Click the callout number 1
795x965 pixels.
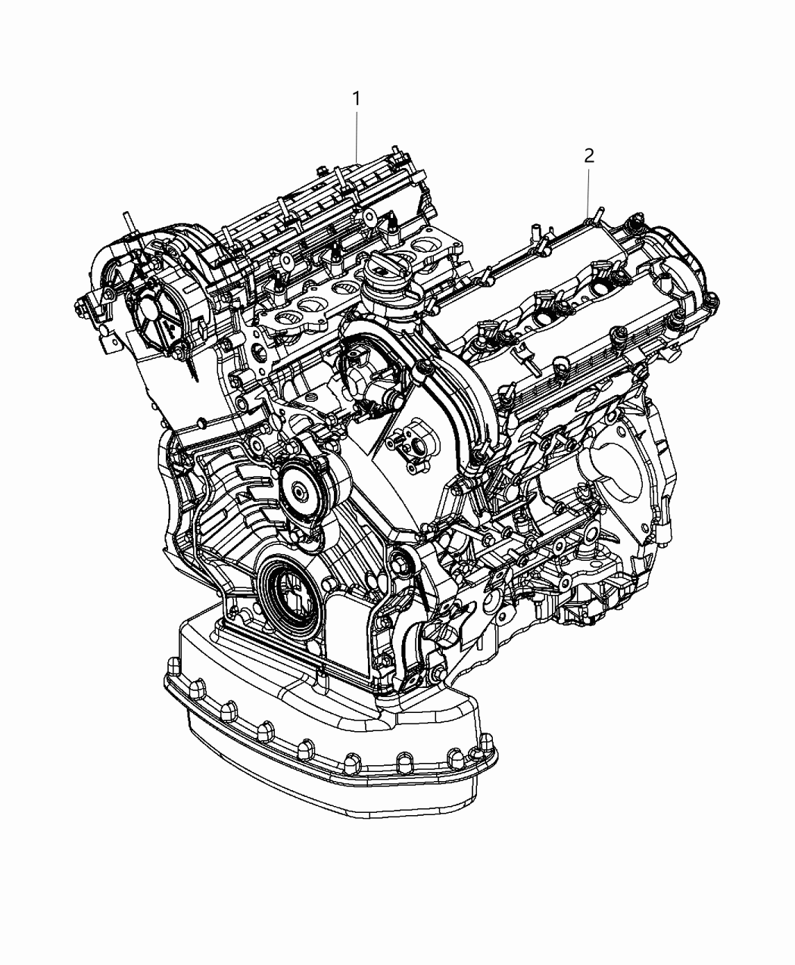355,99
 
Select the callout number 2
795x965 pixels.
588,156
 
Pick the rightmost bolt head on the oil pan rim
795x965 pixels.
478,757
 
